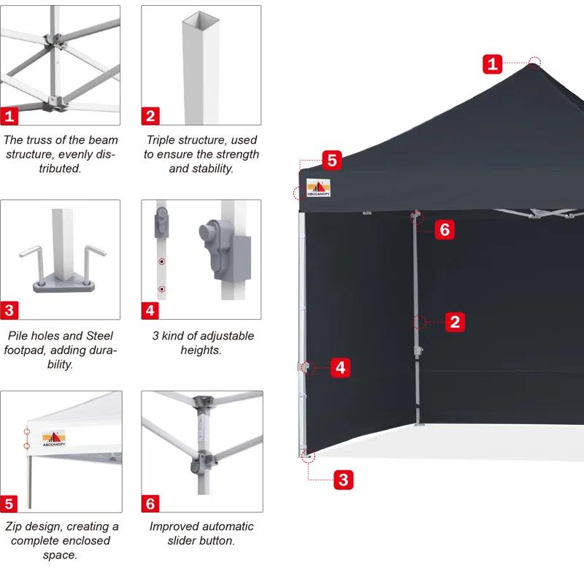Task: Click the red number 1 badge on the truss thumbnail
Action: [x=9, y=115]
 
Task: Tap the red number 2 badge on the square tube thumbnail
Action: [x=150, y=115]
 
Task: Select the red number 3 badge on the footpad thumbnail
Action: [x=9, y=310]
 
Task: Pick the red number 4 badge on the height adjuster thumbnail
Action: [x=150, y=310]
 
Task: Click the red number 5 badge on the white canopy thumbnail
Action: [x=9, y=504]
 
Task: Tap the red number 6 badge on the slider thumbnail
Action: [x=150, y=504]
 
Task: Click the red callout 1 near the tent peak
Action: [x=493, y=64]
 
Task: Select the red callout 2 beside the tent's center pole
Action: [x=455, y=321]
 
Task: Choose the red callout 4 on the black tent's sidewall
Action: [x=341, y=367]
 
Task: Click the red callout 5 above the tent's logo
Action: [x=331, y=160]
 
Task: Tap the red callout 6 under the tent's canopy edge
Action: [x=445, y=230]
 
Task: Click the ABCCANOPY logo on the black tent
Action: [x=318, y=188]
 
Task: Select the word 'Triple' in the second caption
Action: [x=161, y=139]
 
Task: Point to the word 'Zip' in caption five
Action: [x=15, y=526]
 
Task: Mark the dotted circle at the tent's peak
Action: [x=535, y=61]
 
